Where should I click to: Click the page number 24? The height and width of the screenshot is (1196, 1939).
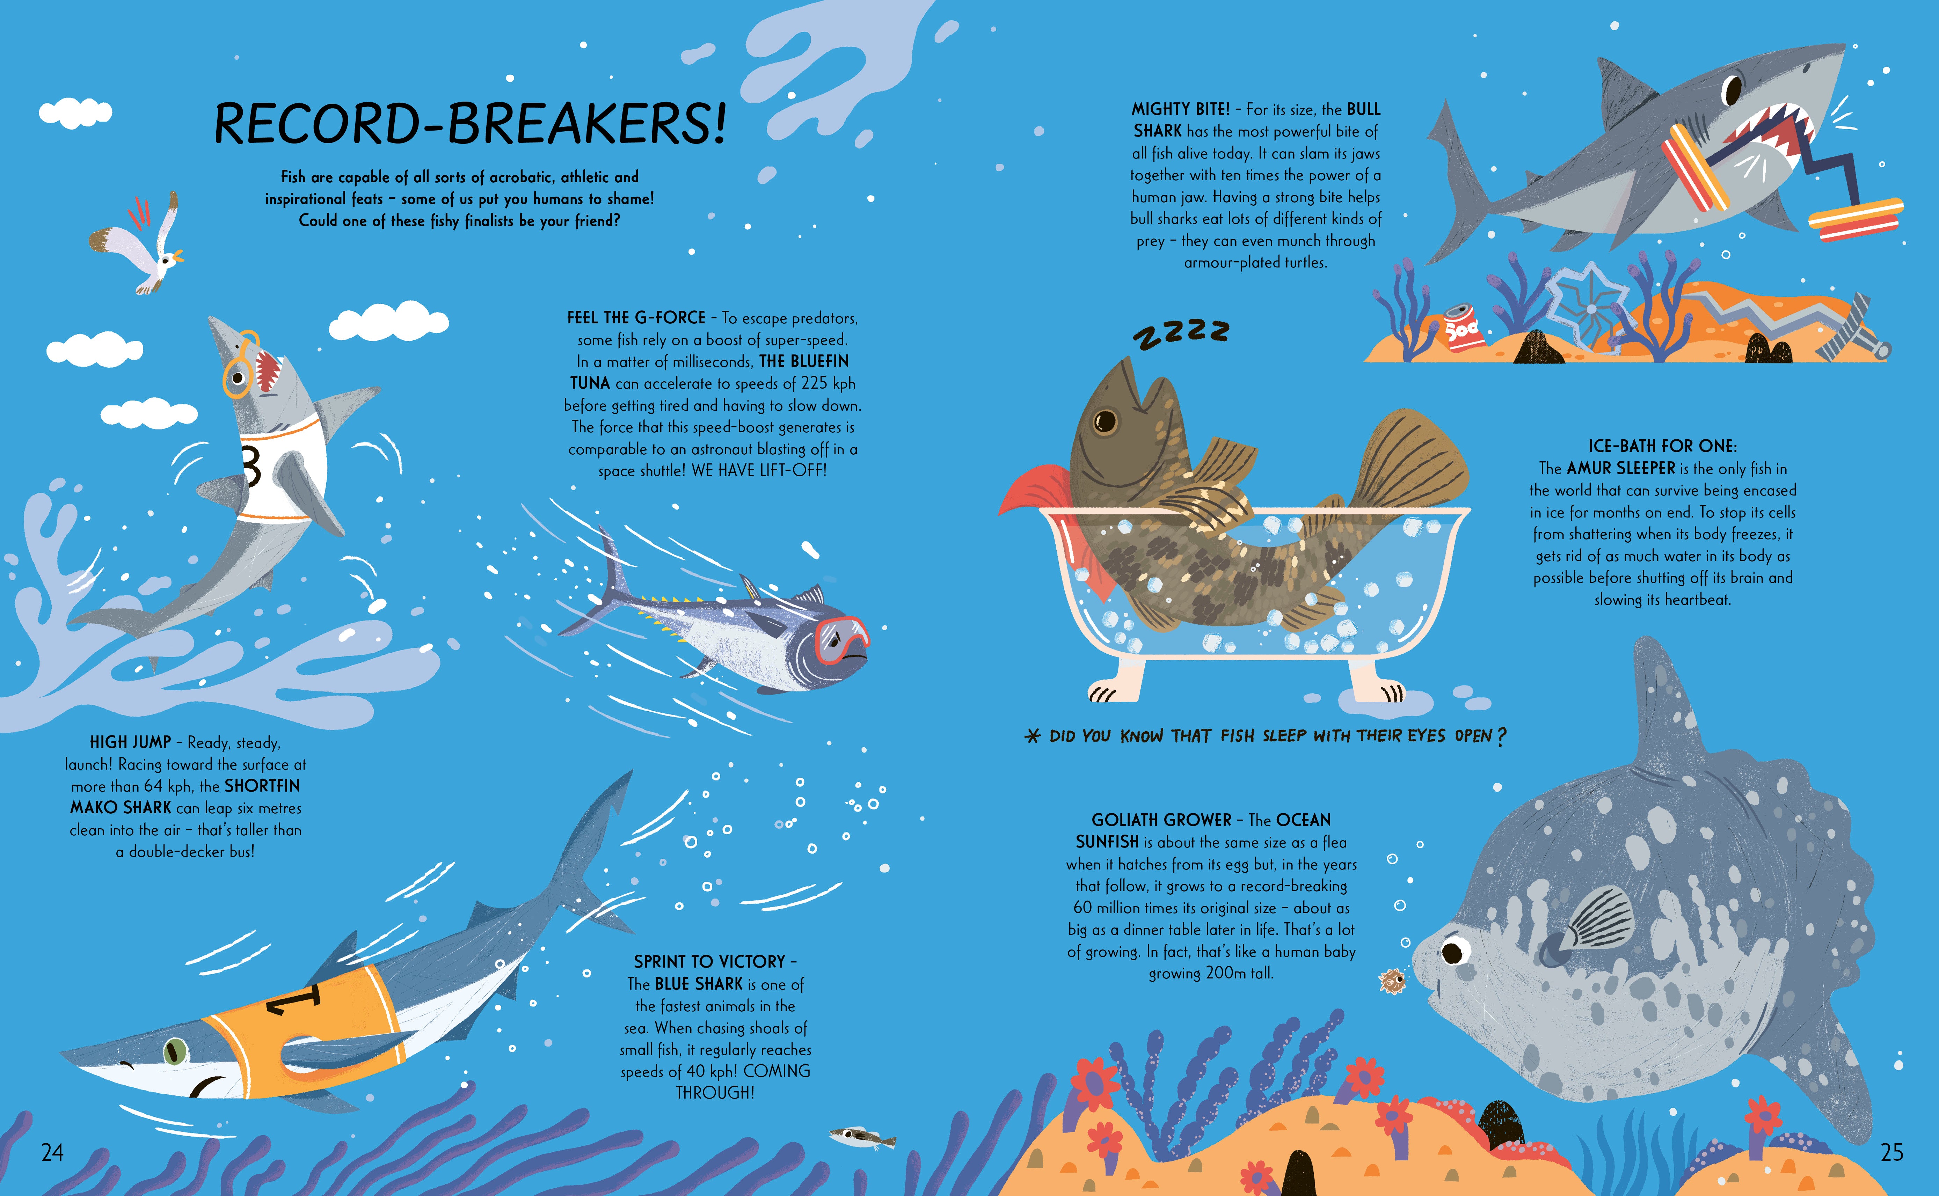(x=52, y=1152)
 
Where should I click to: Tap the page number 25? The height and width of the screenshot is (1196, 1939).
(x=1891, y=1152)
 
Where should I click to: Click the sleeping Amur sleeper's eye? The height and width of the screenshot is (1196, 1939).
(x=1105, y=421)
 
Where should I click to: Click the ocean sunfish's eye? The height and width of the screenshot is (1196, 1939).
(x=1452, y=951)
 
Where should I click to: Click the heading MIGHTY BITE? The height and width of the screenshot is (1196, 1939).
(x=1180, y=109)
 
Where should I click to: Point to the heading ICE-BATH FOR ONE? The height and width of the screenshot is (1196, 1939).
(x=1662, y=446)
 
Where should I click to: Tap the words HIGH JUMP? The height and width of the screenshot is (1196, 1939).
(x=131, y=742)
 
